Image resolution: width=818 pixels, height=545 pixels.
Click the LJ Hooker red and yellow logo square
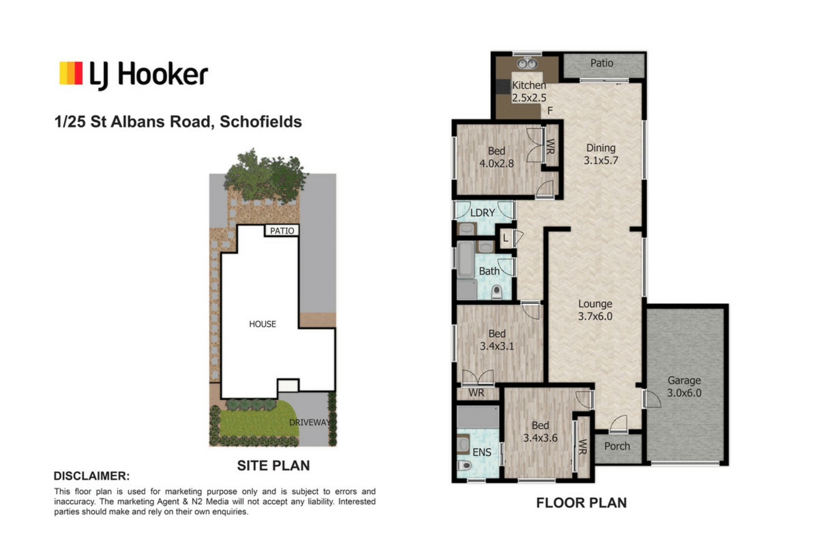(x=71, y=73)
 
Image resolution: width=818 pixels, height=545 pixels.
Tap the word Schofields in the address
(x=261, y=122)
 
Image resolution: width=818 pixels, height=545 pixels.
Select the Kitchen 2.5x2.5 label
(x=529, y=92)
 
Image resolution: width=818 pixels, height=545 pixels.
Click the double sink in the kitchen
(x=527, y=64)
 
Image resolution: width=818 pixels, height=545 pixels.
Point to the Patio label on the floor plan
(x=602, y=63)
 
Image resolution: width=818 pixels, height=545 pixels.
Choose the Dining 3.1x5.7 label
(x=601, y=154)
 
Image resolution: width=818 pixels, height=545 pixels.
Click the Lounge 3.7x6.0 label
(x=595, y=310)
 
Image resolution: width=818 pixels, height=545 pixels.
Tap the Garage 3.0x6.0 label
(x=684, y=387)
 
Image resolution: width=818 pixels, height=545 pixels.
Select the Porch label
(x=617, y=446)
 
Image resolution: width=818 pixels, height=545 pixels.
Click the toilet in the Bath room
(x=496, y=292)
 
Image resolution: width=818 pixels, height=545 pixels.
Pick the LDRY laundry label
(x=483, y=212)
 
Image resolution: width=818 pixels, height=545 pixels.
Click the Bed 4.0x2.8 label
(x=497, y=157)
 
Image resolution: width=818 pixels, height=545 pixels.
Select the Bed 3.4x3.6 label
(x=540, y=431)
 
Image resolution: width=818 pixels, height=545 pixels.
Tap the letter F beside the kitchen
(x=550, y=111)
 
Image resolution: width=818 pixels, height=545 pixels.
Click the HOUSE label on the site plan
(x=262, y=324)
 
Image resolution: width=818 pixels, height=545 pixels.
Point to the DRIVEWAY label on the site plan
(x=309, y=422)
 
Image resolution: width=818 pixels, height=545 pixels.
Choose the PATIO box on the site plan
(x=282, y=230)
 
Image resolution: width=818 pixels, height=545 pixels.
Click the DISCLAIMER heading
(x=92, y=476)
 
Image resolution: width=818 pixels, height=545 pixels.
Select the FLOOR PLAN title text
(x=582, y=503)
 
